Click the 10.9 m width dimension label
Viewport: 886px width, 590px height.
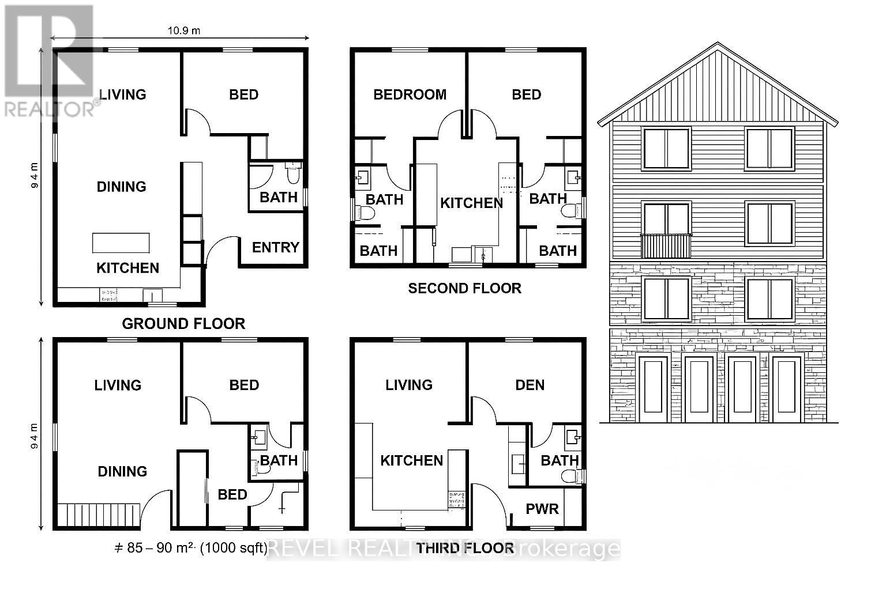tap(184, 31)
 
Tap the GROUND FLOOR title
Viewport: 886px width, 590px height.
tap(183, 324)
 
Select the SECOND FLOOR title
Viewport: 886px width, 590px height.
tap(464, 288)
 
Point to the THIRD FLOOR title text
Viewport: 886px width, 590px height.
tap(465, 547)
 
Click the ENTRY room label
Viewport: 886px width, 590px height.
tap(275, 247)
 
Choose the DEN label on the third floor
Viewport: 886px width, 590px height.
tap(530, 385)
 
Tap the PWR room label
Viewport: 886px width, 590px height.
tap(542, 509)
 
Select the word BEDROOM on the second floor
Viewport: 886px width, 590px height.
tap(410, 94)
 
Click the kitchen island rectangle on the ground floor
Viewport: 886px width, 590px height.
tap(121, 243)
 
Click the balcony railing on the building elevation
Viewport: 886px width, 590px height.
tap(666, 246)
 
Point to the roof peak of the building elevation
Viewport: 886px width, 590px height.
tap(718, 44)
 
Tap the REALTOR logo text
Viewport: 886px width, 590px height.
tap(49, 109)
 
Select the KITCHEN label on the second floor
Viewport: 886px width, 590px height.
tap(471, 203)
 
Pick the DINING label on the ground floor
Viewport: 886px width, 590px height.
tap(121, 187)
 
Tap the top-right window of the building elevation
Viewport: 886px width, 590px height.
tap(769, 149)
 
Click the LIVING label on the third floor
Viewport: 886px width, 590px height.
tap(408, 385)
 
